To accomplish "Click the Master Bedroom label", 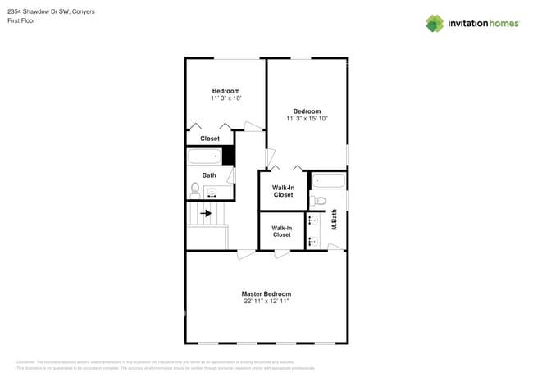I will pos(266,293).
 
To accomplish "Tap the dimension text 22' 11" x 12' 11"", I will pos(266,302).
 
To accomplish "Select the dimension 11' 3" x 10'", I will pos(225,98).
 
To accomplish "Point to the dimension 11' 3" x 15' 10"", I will pos(307,119).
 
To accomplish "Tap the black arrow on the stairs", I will pos(207,214).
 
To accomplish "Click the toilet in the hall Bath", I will pos(195,188).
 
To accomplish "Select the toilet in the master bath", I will pos(320,200).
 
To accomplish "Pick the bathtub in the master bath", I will pos(328,180).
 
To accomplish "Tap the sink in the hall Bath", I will pos(213,193).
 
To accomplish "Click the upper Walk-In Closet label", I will pos(283,191).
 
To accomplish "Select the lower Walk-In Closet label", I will pos(281,231).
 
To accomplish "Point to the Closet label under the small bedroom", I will pos(210,139).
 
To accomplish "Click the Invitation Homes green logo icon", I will pos(434,23).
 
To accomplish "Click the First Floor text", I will pos(22,21).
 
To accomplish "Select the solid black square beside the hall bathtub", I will pos(229,156).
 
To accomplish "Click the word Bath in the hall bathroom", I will pos(209,175).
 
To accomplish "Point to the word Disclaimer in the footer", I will pos(25,361).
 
